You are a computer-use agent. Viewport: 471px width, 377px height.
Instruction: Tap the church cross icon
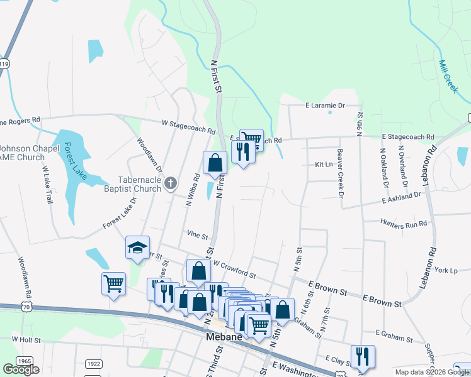(x=169, y=184)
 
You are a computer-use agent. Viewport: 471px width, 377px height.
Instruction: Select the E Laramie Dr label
(x=326, y=106)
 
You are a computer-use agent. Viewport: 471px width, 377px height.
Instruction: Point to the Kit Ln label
(x=323, y=164)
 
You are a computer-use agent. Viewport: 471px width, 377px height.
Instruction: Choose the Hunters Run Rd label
(x=404, y=222)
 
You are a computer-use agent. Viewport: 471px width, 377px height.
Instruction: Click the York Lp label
(x=445, y=270)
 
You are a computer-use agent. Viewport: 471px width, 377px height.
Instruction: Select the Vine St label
(x=197, y=236)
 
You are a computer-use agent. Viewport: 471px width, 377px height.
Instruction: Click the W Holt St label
(x=26, y=339)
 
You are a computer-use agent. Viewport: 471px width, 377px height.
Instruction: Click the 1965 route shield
(x=24, y=362)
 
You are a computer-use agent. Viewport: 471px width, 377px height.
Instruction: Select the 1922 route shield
(x=93, y=363)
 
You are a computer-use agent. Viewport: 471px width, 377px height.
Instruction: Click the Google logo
(x=21, y=369)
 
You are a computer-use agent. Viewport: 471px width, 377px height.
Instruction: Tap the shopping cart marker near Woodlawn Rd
(x=113, y=283)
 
